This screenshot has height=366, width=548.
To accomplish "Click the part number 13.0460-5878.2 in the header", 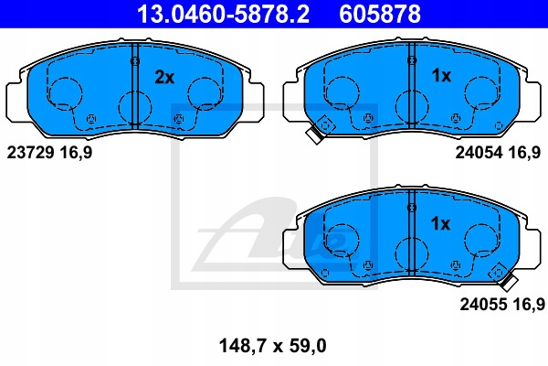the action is tap(223, 14).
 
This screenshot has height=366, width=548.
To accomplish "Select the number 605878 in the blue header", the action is tap(380, 14).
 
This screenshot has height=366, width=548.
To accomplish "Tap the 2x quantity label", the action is tap(164, 78).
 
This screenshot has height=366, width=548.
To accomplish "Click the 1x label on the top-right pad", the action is tap(441, 75).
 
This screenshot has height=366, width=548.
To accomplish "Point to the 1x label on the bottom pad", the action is tap(441, 223).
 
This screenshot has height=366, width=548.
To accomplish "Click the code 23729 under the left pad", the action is tap(30, 153).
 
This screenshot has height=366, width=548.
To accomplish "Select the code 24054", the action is tap(479, 153).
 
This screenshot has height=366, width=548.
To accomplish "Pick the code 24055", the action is tap(483, 304).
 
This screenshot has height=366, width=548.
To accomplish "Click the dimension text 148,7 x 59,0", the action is tap(272, 346).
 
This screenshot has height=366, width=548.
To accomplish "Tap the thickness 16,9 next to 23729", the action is tap(76, 153).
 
